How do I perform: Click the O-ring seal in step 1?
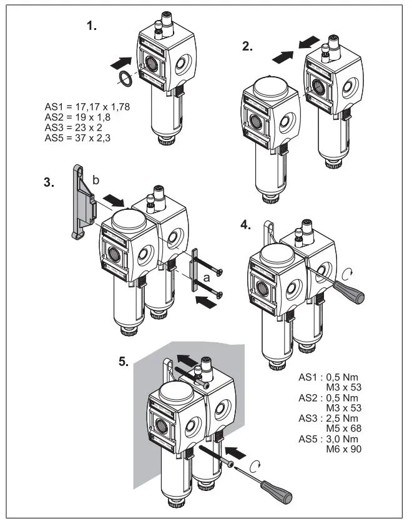(x=125, y=80)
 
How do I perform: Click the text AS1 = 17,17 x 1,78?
(x=87, y=107)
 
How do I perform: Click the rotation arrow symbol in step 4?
(x=348, y=273)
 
